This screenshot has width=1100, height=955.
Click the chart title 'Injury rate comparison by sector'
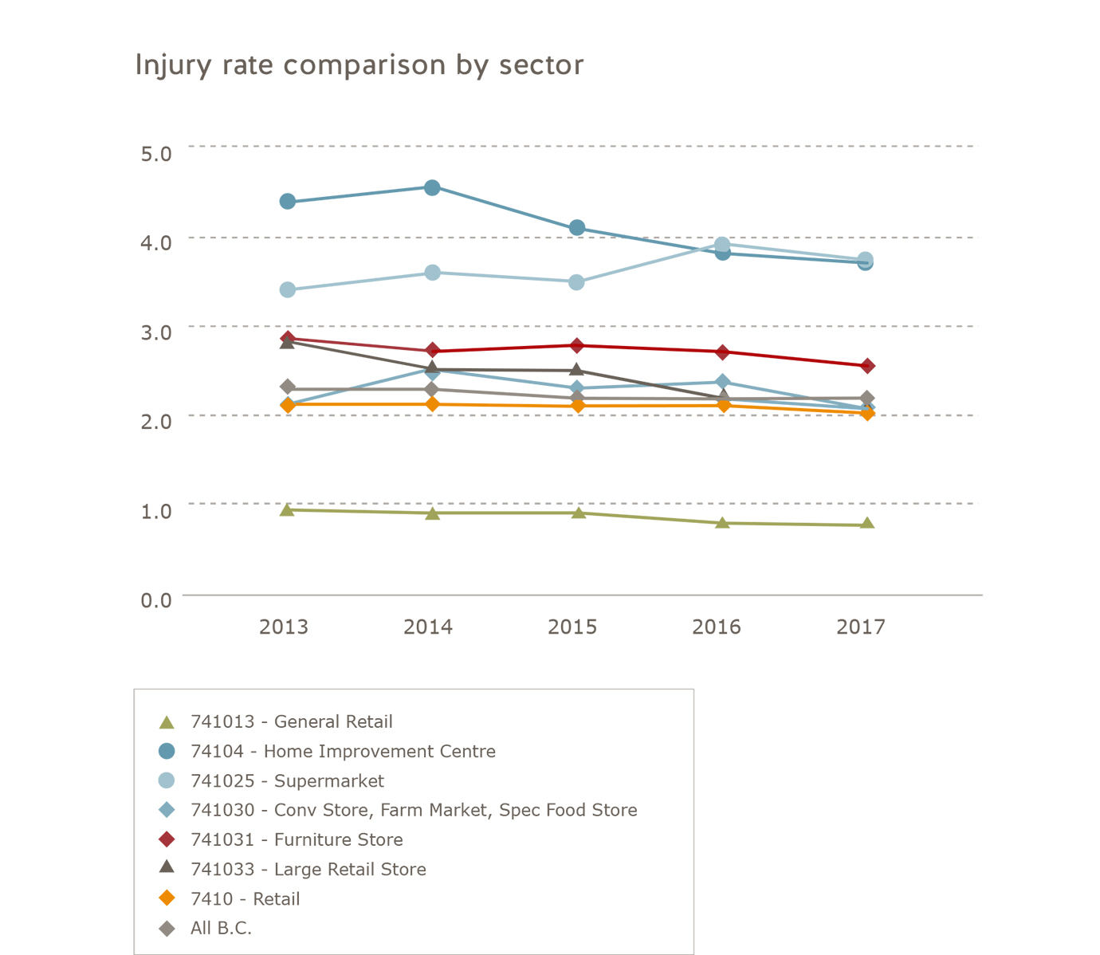tap(359, 65)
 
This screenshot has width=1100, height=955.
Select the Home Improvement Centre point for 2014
tap(432, 188)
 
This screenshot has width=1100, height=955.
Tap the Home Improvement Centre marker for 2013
tap(288, 202)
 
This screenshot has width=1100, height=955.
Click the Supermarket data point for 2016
tap(722, 245)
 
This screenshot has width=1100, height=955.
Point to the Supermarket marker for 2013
tap(288, 289)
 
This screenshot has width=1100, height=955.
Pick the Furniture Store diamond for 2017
tap(867, 366)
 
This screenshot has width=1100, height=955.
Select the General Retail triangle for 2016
tap(722, 523)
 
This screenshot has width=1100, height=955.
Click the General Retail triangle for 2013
tap(288, 509)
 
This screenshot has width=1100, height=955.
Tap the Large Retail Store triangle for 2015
tap(577, 370)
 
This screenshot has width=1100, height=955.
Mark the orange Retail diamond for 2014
tap(432, 404)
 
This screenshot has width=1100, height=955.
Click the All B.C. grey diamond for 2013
tap(288, 387)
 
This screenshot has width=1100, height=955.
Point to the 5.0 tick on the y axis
tap(156, 153)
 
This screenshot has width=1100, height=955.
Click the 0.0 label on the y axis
tap(156, 600)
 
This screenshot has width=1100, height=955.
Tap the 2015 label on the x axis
tap(572, 627)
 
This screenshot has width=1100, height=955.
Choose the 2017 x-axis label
tap(861, 627)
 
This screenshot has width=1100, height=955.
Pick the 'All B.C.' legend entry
tap(221, 929)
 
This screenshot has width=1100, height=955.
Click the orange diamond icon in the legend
tap(167, 898)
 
